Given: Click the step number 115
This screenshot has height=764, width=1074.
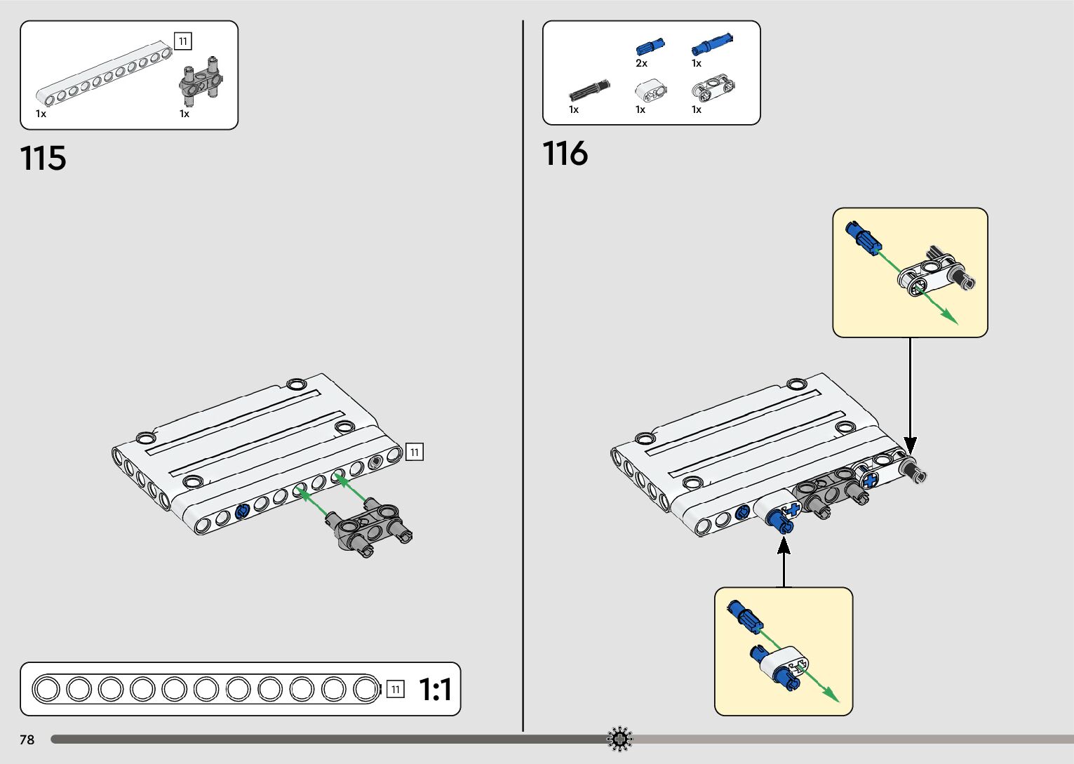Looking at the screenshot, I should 43,159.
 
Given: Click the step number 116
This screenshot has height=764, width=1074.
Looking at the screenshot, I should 565,154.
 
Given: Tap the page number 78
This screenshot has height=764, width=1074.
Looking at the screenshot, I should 27,739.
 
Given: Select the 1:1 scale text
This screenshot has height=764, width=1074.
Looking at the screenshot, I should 435,690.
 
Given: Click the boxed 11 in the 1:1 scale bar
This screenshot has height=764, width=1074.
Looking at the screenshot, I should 396,690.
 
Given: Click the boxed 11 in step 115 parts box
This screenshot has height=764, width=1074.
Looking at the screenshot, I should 182,41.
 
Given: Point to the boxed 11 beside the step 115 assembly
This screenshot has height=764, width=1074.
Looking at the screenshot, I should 415,453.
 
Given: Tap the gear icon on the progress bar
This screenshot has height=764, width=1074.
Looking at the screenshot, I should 619,739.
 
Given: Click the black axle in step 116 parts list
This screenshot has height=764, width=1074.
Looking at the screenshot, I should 589,91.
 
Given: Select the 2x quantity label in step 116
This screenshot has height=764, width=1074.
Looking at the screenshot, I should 641,64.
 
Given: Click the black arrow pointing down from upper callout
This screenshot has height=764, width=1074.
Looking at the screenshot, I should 910,443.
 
